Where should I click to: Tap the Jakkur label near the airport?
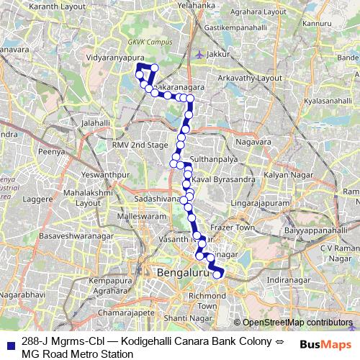[220, 53]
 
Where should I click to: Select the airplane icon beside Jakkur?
[199, 53]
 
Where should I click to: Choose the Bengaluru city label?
[183, 274]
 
